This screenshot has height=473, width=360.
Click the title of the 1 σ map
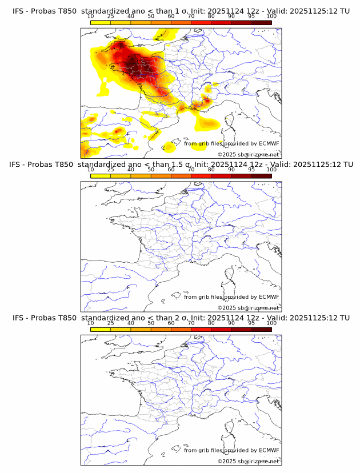181,11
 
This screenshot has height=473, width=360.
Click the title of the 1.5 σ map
181,165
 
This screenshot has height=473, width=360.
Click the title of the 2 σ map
181,318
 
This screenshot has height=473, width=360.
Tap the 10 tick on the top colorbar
91,16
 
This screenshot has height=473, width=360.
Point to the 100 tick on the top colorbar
271,16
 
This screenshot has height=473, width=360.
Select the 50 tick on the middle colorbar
151,170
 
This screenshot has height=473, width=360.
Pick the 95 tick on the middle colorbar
251,170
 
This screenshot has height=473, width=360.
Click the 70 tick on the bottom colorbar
191,323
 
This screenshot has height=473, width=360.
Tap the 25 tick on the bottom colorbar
111,323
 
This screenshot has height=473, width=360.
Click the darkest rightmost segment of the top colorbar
261,22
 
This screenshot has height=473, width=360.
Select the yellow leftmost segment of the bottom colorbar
101,329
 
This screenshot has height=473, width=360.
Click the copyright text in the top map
248,154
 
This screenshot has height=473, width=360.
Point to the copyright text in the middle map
248,307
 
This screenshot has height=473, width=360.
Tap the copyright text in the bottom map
248,461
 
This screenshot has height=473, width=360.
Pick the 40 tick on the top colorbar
131,16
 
